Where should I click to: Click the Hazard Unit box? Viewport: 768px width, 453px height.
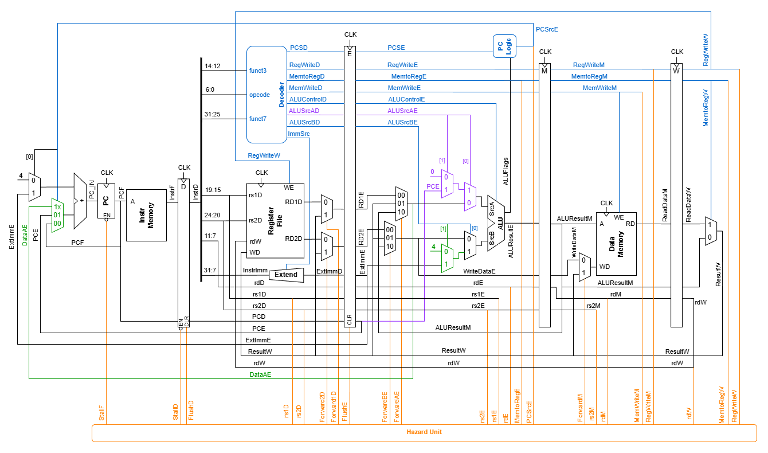[424, 433]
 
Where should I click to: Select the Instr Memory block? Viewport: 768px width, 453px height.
[146, 215]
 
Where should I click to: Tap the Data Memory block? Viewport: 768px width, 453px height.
[616, 244]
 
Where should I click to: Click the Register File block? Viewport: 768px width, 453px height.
[275, 221]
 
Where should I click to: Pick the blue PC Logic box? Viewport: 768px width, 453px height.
[504, 46]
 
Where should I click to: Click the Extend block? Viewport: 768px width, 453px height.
[286, 275]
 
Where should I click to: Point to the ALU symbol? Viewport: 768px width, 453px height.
[496, 224]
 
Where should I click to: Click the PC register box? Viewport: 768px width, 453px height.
[106, 201]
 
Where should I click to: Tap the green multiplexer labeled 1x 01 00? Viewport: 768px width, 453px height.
[57, 216]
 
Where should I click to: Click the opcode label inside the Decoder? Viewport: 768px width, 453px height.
[259, 95]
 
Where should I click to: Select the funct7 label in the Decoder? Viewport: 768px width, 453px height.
[257, 119]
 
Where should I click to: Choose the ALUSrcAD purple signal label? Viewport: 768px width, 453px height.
[304, 111]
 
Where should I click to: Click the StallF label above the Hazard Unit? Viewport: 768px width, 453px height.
[101, 415]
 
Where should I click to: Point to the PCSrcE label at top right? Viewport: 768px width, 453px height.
[546, 29]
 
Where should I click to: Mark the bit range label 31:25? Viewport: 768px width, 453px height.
[212, 114]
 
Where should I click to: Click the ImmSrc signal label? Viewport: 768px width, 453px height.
[299, 134]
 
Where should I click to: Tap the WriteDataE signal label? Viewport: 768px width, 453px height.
[479, 271]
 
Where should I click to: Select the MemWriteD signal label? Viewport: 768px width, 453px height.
[305, 88]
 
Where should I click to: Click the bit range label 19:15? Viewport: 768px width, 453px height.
[212, 190]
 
